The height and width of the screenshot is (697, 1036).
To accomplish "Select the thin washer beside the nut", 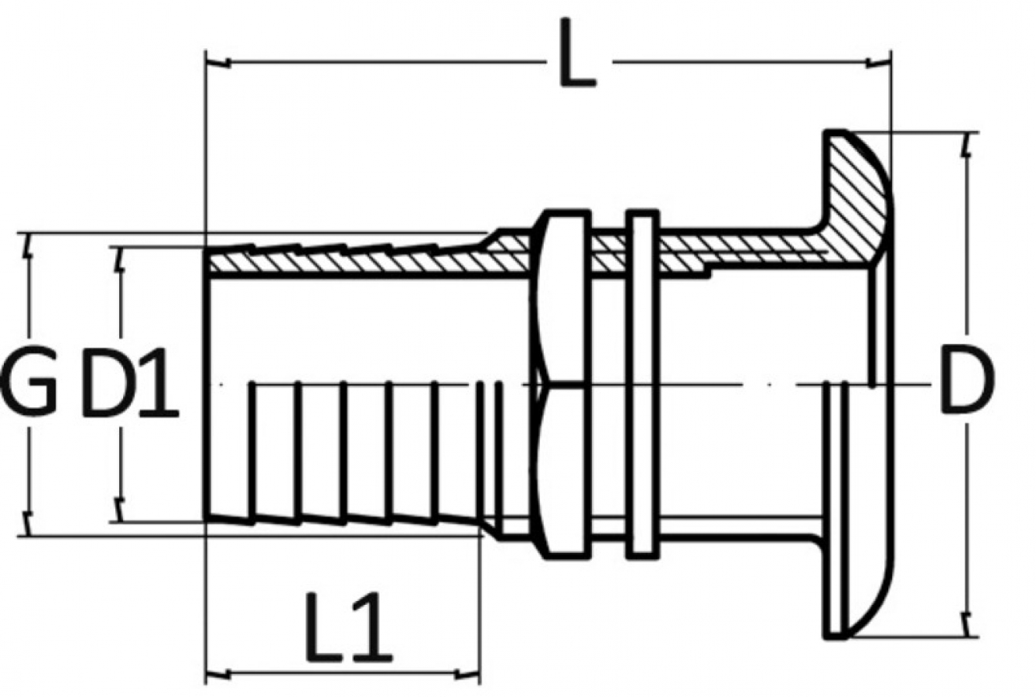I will [x=641, y=383].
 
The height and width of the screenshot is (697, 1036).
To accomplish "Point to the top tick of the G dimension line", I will [x=29, y=247].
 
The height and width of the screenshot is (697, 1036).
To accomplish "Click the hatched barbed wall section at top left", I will [x=348, y=259].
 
